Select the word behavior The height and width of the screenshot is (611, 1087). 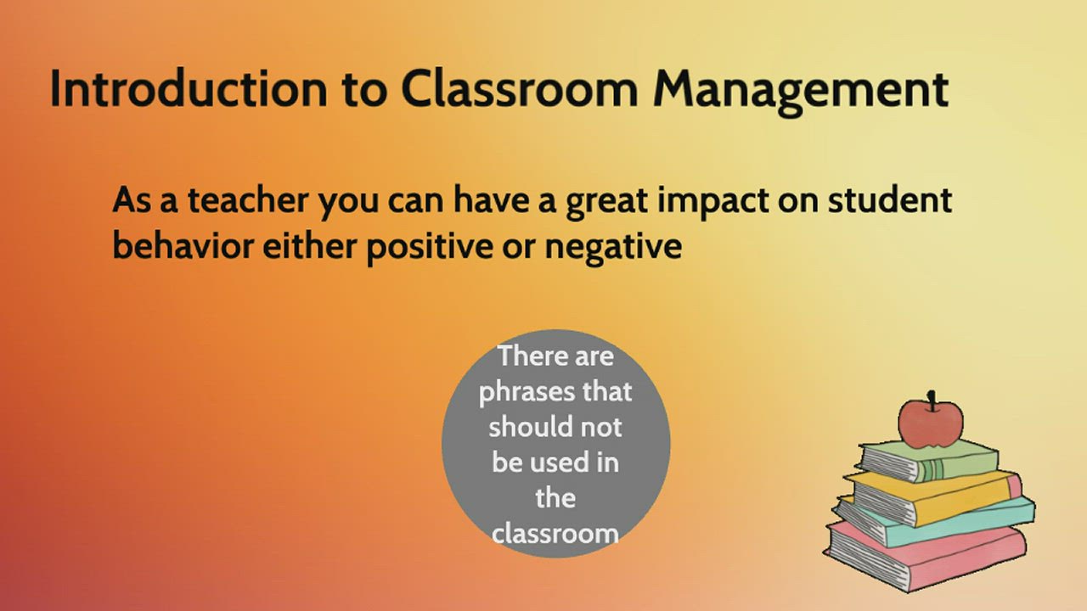tap(183, 247)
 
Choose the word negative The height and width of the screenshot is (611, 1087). tap(612, 249)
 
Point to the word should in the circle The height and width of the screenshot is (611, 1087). tap(524, 426)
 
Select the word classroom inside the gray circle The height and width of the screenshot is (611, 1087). tap(555, 534)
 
